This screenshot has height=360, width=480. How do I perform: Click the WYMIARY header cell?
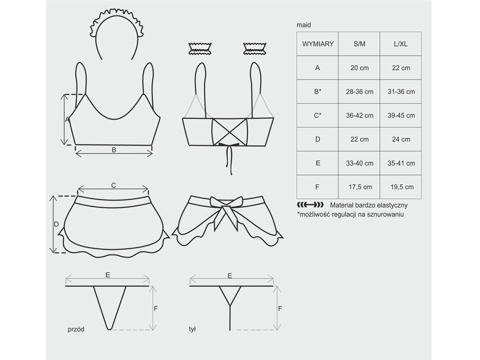pos(317,44)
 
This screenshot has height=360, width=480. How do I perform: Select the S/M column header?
pos(359,44)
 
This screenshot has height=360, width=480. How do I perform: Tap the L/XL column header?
pos(401,44)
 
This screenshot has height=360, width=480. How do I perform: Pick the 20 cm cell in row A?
pos(359,67)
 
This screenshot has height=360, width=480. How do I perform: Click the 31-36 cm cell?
pos(401,91)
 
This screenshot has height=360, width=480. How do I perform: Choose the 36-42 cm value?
pos(359,115)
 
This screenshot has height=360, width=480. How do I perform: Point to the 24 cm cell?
pos(401,139)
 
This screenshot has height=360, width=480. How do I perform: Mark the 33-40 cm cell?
pos(359,163)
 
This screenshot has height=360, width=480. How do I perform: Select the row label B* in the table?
pos(317,91)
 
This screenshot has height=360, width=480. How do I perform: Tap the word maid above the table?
pos(304,25)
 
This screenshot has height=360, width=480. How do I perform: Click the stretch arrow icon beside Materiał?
pos(310,205)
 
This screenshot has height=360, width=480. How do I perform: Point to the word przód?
pos(76,330)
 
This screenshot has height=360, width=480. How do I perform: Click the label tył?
pos(192,329)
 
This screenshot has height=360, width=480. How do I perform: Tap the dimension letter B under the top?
pos(114,150)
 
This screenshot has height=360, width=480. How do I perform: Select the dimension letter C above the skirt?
pos(113,185)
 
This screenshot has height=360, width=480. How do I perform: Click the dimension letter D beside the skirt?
pos(56,225)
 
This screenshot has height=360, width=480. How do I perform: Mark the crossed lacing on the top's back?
pos(230,132)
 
